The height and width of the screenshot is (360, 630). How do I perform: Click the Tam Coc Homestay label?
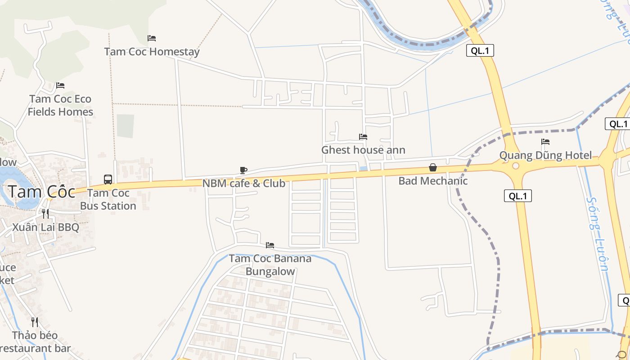[152, 52]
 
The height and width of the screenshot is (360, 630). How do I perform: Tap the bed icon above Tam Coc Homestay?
[152, 38]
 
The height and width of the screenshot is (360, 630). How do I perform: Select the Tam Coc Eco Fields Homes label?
[60, 105]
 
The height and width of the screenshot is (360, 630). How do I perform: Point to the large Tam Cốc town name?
[41, 192]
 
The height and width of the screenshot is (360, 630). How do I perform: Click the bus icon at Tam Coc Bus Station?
[108, 180]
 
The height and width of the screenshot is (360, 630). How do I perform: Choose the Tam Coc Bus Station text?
[108, 199]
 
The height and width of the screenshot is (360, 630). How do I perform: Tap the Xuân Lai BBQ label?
[45, 227]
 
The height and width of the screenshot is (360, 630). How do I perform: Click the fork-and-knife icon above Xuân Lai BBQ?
[45, 213]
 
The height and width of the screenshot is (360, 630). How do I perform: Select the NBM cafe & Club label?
[243, 184]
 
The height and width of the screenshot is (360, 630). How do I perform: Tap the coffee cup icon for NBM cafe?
[243, 170]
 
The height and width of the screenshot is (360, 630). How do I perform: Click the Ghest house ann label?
[363, 150]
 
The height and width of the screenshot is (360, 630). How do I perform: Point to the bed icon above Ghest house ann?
[363, 137]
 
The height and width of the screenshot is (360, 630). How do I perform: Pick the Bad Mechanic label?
[433, 181]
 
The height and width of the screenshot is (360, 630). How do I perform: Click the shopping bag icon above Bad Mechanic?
[433, 167]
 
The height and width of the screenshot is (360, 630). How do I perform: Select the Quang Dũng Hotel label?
[545, 156]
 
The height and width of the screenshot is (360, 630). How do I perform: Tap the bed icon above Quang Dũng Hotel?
[545, 142]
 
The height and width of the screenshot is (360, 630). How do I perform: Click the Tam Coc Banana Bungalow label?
[270, 265]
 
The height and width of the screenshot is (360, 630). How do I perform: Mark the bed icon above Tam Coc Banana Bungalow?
[270, 245]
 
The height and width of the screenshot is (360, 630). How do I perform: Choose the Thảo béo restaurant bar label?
[35, 342]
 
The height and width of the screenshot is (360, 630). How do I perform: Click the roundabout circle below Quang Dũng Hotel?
[516, 166]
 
